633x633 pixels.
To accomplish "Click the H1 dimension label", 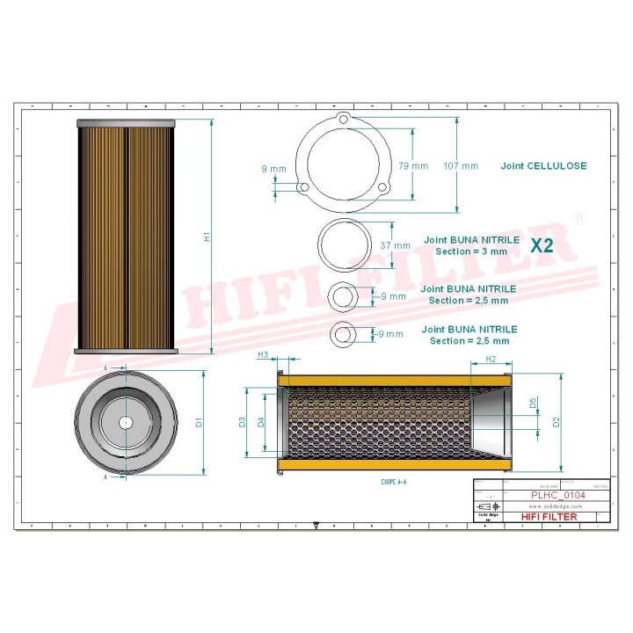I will click(206, 236).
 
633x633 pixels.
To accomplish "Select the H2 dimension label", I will click(491, 360).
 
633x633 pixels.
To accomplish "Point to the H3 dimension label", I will click(262, 354).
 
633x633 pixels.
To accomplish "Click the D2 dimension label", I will click(556, 422).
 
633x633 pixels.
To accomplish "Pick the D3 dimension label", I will click(243, 422).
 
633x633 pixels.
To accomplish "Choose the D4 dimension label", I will click(261, 422).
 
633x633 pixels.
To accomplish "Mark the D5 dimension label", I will click(533, 404).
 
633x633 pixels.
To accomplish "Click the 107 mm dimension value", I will click(461, 165).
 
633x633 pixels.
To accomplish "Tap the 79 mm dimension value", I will click(412, 165).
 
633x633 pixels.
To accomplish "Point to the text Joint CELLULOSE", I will click(543, 165).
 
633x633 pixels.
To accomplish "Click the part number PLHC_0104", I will click(557, 496).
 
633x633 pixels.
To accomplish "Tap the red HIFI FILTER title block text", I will click(549, 517).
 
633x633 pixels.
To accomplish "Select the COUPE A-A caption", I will click(393, 483).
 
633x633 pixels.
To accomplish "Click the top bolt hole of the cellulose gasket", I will click(344, 122).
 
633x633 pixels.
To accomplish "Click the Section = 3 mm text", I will click(471, 251).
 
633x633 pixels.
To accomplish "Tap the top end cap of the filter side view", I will click(127, 122).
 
